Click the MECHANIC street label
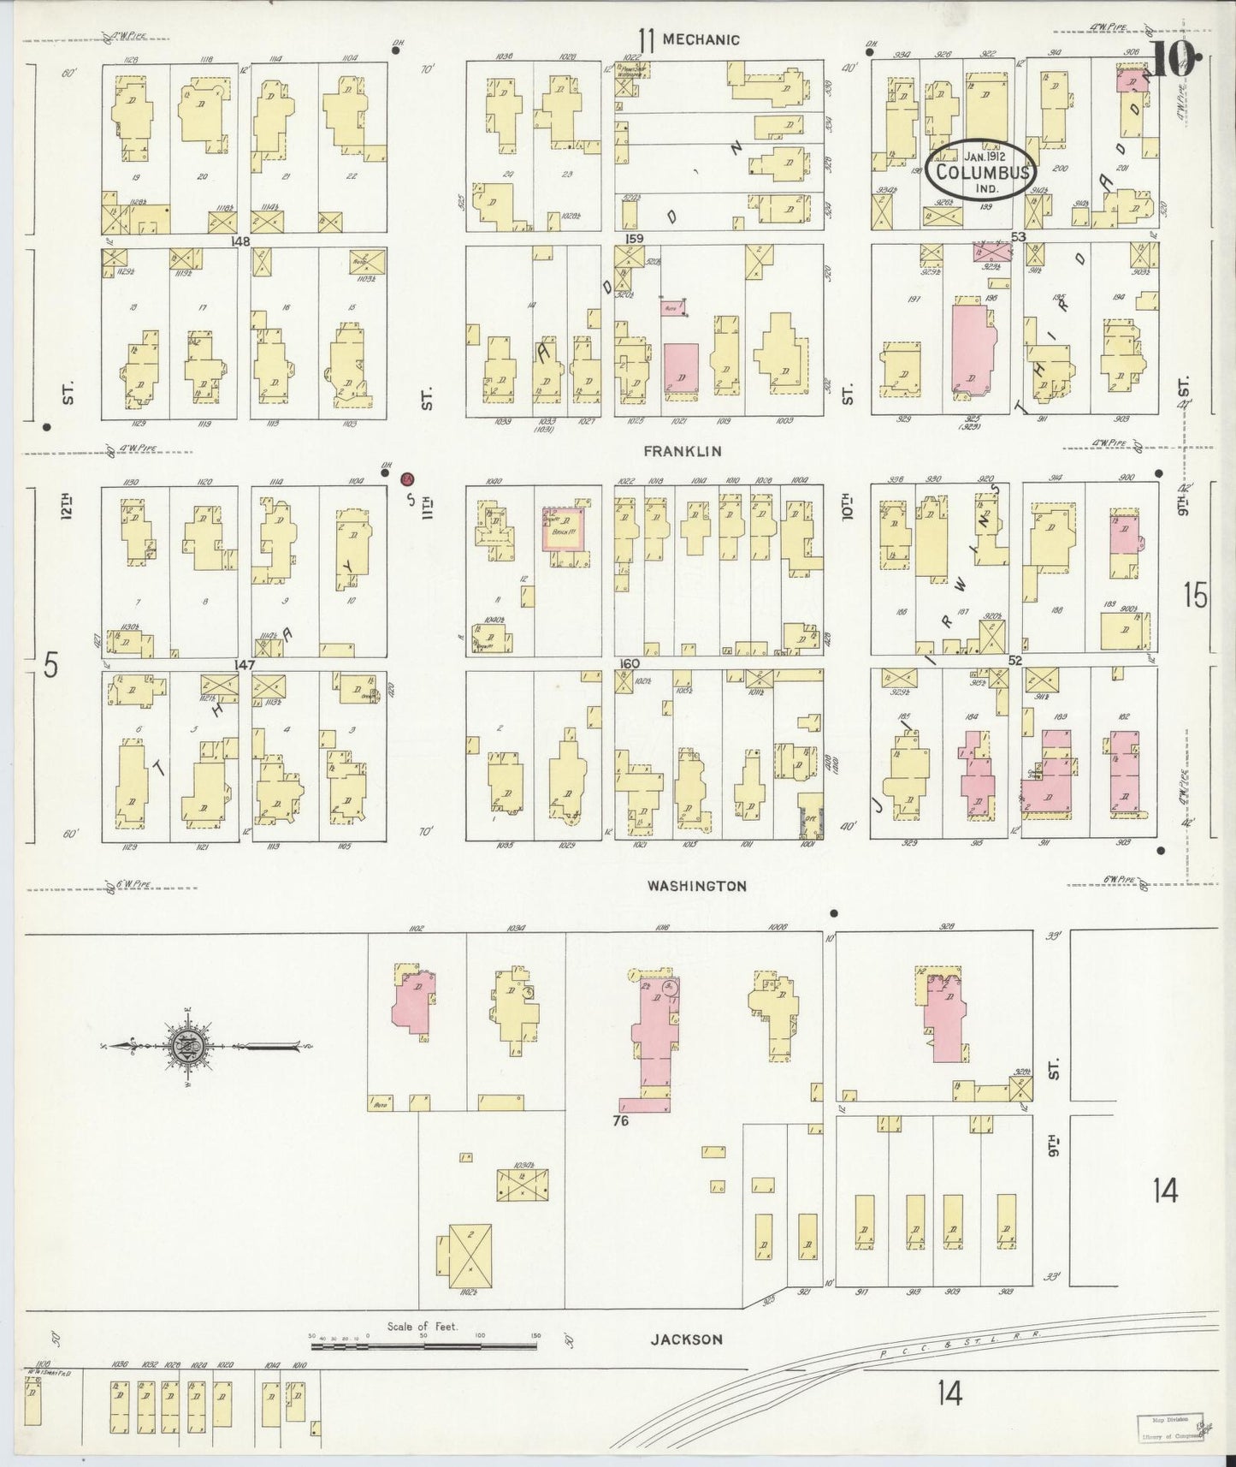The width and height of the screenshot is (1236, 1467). click(x=701, y=39)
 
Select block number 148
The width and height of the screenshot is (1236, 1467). click(x=240, y=241)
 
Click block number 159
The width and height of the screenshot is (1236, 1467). click(x=634, y=239)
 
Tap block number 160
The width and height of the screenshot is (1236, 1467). click(x=630, y=664)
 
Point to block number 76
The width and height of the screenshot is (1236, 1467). click(x=620, y=1120)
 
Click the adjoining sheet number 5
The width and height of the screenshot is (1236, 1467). click(x=51, y=665)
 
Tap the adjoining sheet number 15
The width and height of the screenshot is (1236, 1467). click(x=1195, y=594)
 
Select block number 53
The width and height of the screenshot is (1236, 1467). click(x=1017, y=236)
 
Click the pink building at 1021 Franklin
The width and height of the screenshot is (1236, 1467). click(x=681, y=371)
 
